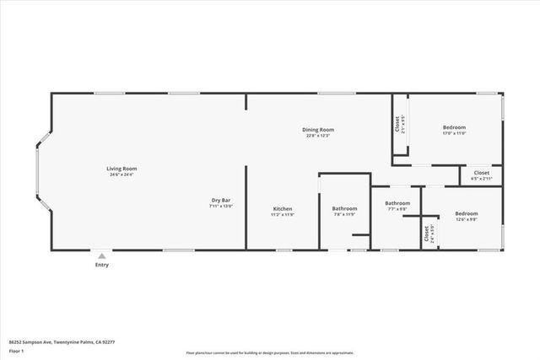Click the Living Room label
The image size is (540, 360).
click(x=122, y=169)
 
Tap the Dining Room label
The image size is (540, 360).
click(x=319, y=130)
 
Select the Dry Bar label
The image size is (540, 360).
click(x=221, y=200)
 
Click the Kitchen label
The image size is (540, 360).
click(x=283, y=208)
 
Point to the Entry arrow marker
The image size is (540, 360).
click(x=101, y=255)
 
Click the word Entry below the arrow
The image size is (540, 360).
click(x=101, y=265)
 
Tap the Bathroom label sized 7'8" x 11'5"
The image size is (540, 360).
click(x=344, y=208)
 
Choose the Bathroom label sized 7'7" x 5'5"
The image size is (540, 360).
click(x=397, y=203)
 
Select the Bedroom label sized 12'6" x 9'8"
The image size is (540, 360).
click(x=467, y=213)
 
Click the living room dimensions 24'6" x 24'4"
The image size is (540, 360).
click(x=122, y=175)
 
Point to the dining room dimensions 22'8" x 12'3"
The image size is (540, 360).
click(x=319, y=136)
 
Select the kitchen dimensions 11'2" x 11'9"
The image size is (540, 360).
click(x=283, y=214)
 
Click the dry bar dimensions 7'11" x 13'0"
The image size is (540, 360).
click(x=221, y=206)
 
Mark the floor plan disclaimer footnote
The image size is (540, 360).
click(x=269, y=352)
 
